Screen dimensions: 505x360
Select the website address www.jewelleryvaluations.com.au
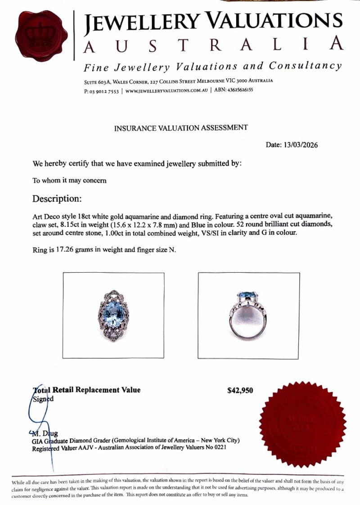click(x=166, y=90)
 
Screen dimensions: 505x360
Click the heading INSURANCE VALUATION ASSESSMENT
click(x=180, y=128)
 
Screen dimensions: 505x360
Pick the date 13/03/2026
click(x=300, y=145)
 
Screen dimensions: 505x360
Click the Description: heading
click(x=57, y=198)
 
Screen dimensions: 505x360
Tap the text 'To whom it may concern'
click(x=69, y=180)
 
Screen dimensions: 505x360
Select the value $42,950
click(x=240, y=390)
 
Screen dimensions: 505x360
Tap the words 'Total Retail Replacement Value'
click(x=86, y=390)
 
